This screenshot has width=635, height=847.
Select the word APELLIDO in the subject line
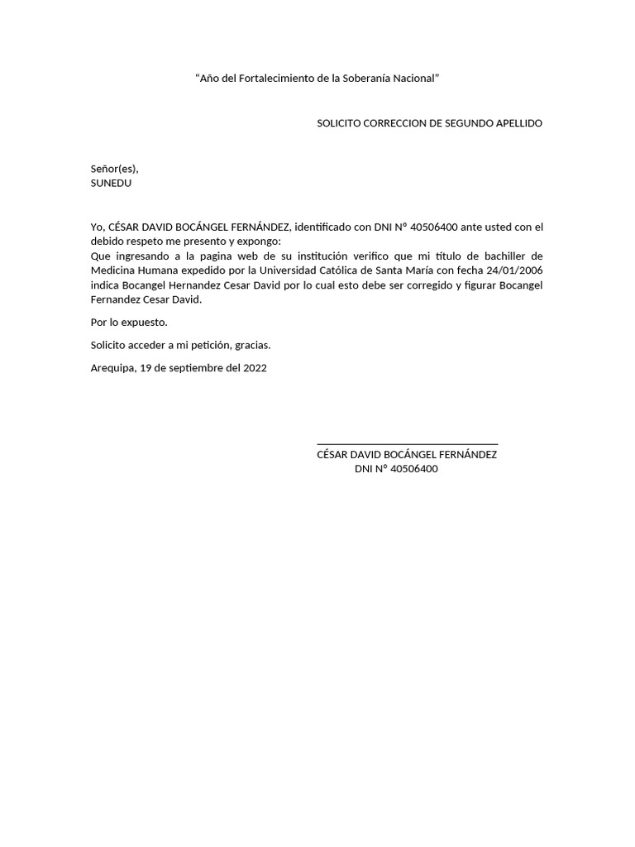tap(518, 123)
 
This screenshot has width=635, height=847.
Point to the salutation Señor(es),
tap(114, 169)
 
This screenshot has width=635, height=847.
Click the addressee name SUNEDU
tap(111, 183)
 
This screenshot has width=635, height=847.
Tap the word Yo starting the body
tap(98, 227)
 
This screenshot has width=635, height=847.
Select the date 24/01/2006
tap(516, 270)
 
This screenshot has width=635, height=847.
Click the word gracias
tap(251, 345)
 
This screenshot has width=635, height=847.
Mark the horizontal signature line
tap(407, 445)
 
